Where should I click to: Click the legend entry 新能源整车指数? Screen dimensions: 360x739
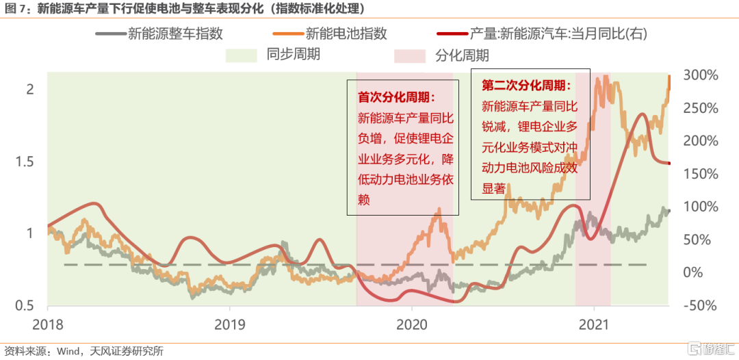(175, 33)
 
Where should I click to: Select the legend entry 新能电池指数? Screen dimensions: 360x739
(346, 33)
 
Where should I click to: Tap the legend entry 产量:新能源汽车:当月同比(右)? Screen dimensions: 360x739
(558, 33)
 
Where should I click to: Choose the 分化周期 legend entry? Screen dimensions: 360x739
(462, 55)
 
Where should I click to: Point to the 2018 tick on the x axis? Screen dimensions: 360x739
(47, 323)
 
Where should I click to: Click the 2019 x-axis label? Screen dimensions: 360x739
(230, 323)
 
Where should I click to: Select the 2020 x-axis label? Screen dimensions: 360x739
(413, 323)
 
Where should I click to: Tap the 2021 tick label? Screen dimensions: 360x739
(595, 323)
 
